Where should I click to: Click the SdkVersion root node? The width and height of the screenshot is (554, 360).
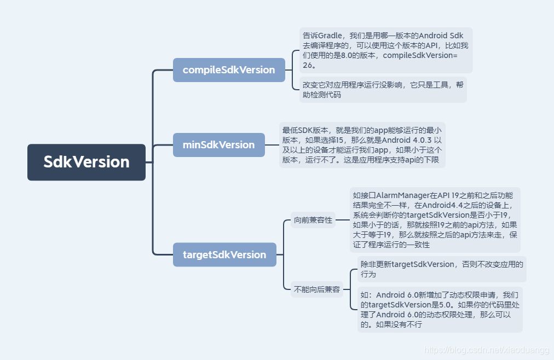point(86,162)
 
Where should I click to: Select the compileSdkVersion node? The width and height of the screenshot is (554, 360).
point(229,70)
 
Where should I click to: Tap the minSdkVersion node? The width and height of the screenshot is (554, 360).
point(219,144)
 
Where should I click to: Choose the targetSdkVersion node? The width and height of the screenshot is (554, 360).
point(224,254)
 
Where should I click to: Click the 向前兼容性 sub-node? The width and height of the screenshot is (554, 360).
point(313,220)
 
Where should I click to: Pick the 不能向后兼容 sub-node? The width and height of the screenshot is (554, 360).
point(316,289)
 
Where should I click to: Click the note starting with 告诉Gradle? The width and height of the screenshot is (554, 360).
point(386,50)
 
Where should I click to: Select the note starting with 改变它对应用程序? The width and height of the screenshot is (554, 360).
point(383,90)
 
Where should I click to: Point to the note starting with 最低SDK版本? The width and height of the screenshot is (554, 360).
point(362,144)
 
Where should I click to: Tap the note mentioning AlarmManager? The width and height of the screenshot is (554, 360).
point(435,220)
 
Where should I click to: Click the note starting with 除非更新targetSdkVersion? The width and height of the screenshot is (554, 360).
point(442,269)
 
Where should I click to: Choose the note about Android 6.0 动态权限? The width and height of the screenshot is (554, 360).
point(440,310)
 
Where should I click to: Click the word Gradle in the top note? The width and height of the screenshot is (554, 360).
point(330,36)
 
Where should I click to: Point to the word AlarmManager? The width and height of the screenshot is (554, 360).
point(402,195)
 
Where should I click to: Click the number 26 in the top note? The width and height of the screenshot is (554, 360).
point(308,65)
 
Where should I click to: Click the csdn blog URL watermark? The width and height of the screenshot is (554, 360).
point(487,350)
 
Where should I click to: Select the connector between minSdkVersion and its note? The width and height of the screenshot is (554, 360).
point(272,144)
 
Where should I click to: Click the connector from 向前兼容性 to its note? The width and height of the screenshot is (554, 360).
point(343,220)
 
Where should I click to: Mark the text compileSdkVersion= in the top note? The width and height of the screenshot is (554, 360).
point(420,55)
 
